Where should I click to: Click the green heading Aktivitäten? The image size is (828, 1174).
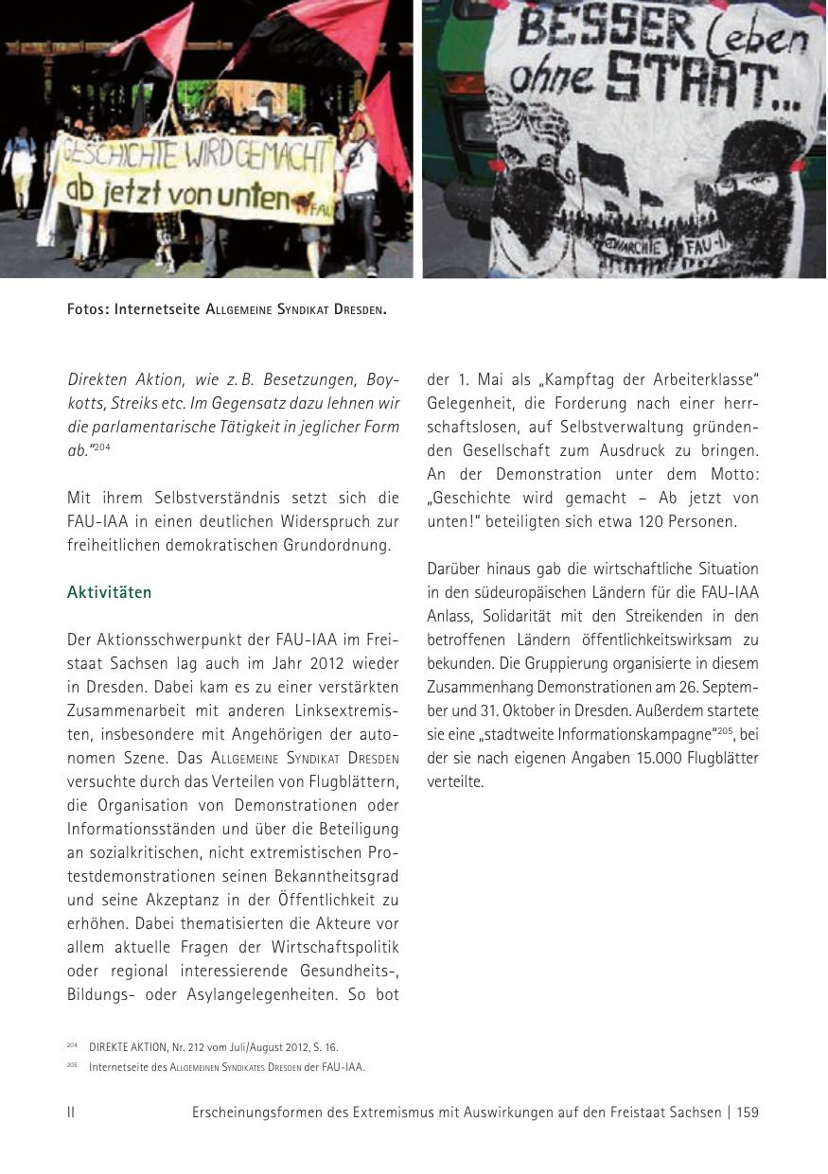[109, 592]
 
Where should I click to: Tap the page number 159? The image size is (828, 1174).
[747, 1113]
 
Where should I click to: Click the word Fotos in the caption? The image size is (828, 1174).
[87, 309]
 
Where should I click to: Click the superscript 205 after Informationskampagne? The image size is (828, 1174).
[726, 730]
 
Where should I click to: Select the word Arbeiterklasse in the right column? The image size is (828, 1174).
[701, 379]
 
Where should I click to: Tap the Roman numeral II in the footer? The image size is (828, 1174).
[71, 1113]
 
